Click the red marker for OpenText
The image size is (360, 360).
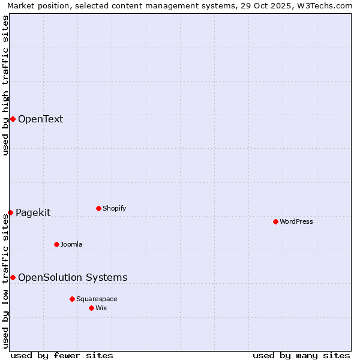tap(13, 119)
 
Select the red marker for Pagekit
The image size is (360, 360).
tap(10, 212)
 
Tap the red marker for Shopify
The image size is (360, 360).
tap(98, 208)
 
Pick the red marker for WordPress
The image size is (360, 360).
tap(275, 221)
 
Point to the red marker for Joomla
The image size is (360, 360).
tap(56, 244)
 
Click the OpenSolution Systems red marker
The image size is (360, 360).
tap(13, 277)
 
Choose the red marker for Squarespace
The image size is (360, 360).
tap(72, 299)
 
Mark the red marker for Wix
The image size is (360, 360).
tap(91, 308)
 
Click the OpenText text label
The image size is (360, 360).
tap(40, 119)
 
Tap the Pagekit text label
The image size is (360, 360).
tap(33, 212)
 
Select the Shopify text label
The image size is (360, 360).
tap(114, 208)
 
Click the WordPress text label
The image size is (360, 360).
tap(296, 221)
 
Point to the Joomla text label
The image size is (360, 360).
tap(71, 244)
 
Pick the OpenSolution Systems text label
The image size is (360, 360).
tap(73, 277)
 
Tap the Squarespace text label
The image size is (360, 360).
tap(97, 299)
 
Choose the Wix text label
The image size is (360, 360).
tap(101, 308)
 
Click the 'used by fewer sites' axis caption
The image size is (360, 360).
tap(62, 355)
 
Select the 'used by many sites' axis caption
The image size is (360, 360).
tap(301, 355)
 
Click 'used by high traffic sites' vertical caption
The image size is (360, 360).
tap(5, 85)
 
